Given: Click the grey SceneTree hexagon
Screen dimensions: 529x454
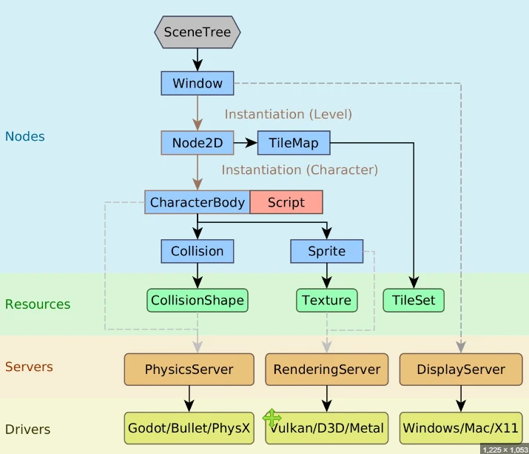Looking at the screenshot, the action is point(198,32).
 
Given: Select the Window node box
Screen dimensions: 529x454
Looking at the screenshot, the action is point(198,83).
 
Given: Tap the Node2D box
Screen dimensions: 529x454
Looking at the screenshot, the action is point(198,143).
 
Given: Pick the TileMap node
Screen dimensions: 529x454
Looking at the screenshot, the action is point(294,143).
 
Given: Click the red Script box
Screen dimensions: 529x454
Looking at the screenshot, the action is point(286,202).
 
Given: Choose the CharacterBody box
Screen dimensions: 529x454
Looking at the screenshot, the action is point(198,202).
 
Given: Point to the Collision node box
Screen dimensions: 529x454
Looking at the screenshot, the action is point(198,251).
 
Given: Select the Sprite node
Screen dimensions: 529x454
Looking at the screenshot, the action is point(327,251).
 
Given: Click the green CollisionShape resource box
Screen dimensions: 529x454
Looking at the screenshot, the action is point(198,300).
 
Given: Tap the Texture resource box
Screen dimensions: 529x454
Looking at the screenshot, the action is point(327,300).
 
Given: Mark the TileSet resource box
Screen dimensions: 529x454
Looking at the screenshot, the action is point(414,300).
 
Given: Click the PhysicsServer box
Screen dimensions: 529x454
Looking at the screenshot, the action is point(189,370).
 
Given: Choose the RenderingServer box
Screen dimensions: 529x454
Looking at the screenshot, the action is point(327,370).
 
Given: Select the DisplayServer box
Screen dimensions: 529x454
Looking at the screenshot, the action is point(461,370).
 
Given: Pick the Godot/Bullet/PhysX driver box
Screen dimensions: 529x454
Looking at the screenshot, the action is point(189,428).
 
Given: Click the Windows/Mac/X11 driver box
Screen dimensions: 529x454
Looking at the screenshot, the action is point(461,428).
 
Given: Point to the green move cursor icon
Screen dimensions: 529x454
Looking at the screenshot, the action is point(272,418).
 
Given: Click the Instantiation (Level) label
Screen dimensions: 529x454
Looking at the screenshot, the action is point(289,114).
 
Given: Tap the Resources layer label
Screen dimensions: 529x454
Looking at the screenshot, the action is point(38,304).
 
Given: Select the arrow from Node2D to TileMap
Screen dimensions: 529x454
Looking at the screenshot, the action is point(246,143).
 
